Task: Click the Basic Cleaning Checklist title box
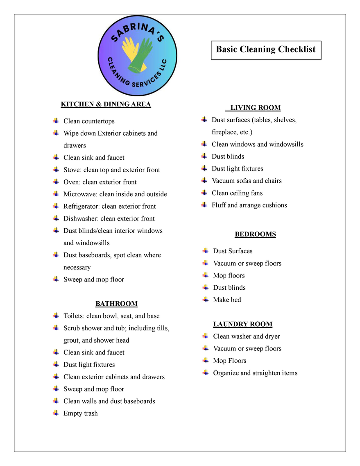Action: [x=266, y=50]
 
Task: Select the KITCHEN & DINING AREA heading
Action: [x=106, y=104]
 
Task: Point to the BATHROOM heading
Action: [x=116, y=304]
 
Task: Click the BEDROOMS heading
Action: [x=255, y=234]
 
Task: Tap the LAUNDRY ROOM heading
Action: [x=242, y=324]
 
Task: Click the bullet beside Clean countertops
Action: [x=56, y=121]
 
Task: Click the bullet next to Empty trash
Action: [x=56, y=413]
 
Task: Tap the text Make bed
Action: [x=227, y=300]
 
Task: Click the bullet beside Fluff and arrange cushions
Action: [x=204, y=205]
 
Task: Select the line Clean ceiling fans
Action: [x=237, y=193]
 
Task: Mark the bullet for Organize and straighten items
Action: [x=206, y=373]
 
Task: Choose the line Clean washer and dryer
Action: [x=246, y=336]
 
